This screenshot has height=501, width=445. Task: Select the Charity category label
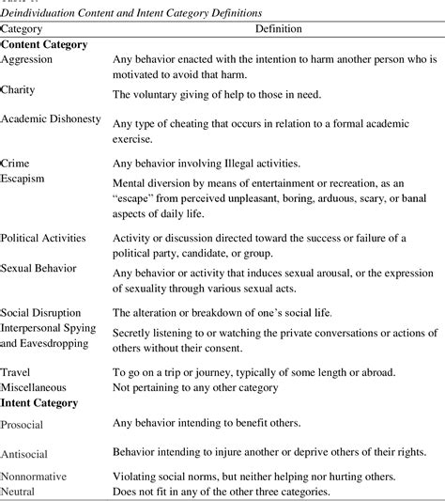click(x=19, y=90)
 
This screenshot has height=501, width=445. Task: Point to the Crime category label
click(x=16, y=163)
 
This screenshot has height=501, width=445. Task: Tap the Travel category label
click(x=17, y=372)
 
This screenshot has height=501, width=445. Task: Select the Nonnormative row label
click(x=34, y=477)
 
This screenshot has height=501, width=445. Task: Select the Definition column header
click(x=277, y=28)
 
